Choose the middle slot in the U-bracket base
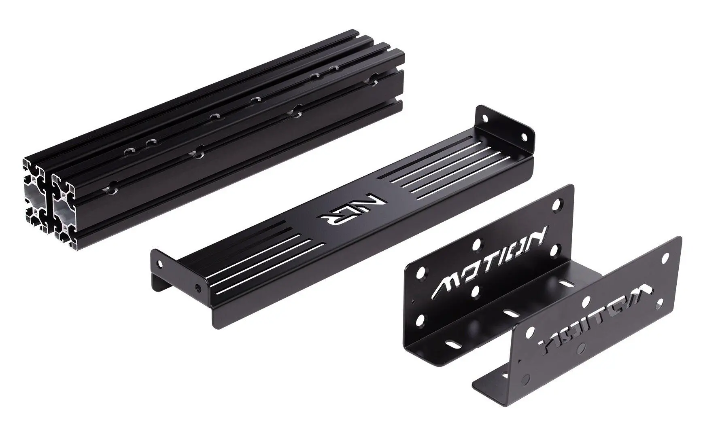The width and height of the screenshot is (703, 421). point(512,313)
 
